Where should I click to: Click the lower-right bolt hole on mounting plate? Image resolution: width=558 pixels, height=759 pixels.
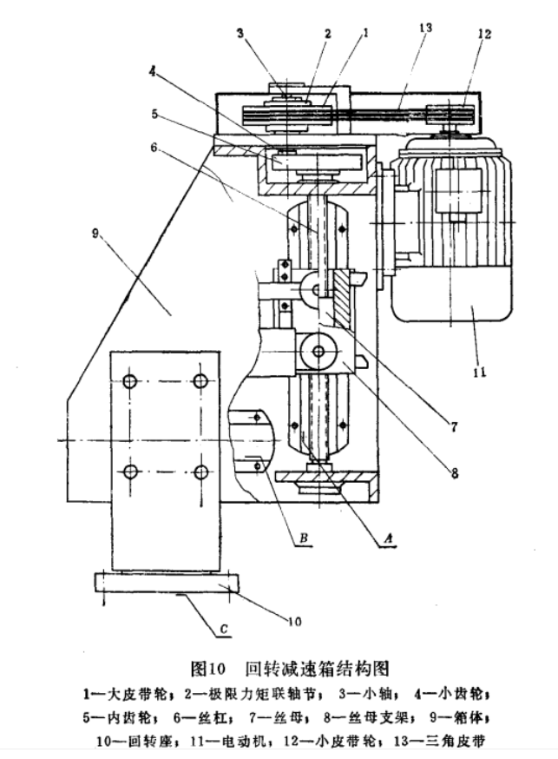point(200,472)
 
